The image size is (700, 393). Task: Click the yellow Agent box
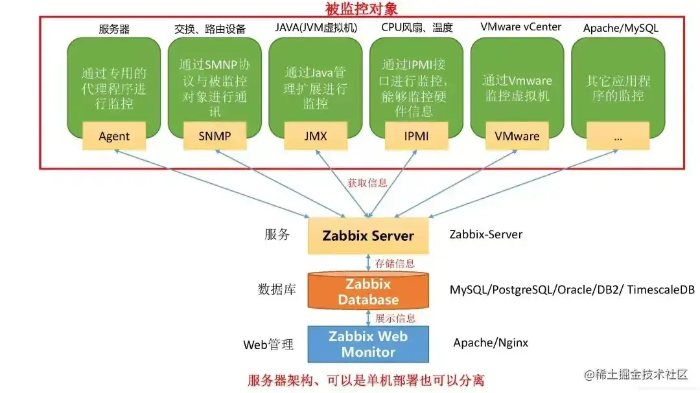[114, 136]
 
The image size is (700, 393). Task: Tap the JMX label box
[316, 136]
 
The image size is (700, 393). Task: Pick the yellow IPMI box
[417, 136]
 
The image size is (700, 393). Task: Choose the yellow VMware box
[517, 136]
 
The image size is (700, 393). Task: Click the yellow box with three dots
[618, 136]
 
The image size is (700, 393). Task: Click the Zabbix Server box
[368, 235]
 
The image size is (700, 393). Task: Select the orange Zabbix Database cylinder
[368, 291]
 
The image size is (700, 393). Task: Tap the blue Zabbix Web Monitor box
[368, 344]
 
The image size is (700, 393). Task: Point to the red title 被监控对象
[361, 9]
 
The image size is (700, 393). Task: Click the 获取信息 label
[367, 183]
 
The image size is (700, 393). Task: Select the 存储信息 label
[395, 264]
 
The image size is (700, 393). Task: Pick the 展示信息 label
[395, 318]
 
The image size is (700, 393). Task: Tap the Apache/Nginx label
[491, 342]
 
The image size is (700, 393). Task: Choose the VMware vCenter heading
[520, 27]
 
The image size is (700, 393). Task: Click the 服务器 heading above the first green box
[114, 28]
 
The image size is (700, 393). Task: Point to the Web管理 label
[268, 344]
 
